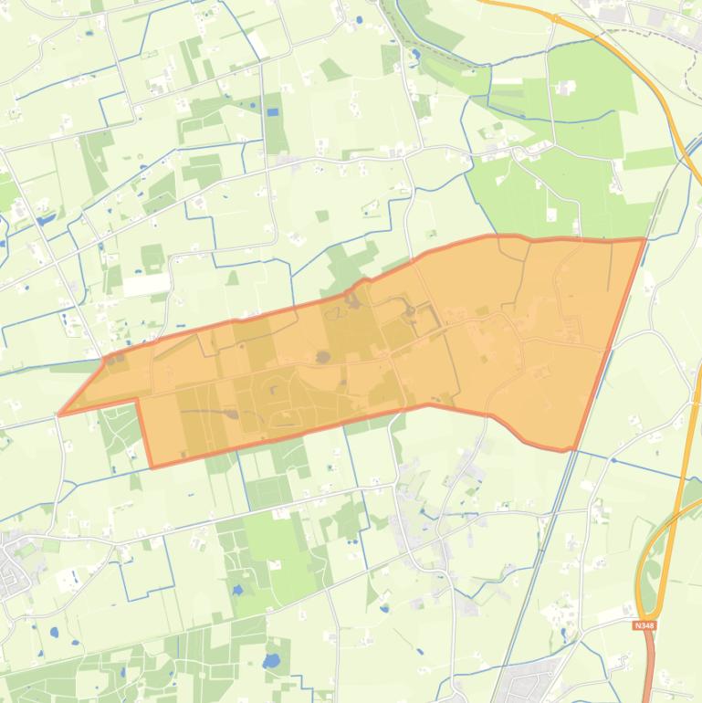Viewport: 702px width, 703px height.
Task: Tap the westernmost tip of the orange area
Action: (x=59, y=414)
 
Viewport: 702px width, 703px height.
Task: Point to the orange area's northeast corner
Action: (x=645, y=239)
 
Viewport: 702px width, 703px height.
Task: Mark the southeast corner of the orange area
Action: (x=572, y=450)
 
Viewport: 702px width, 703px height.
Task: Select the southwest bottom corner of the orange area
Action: (x=152, y=467)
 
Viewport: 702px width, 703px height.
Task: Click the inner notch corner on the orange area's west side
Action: (x=137, y=399)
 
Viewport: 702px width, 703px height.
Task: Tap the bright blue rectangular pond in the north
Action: (x=273, y=111)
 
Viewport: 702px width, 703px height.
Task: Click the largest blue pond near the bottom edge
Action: (x=272, y=661)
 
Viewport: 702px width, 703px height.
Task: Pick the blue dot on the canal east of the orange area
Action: (x=613, y=461)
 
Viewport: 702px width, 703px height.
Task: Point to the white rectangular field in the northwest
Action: (x=146, y=284)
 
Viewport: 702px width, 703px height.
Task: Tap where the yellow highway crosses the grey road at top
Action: (x=554, y=17)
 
